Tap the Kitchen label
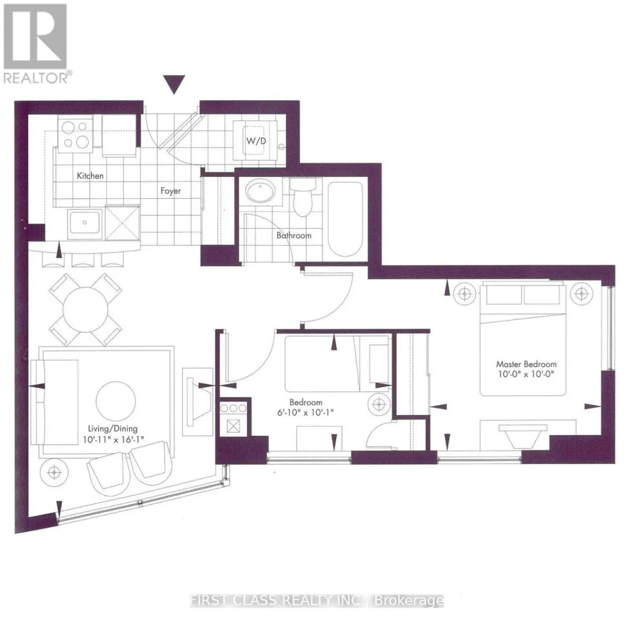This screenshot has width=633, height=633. point(90,176)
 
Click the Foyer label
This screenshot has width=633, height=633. point(171,191)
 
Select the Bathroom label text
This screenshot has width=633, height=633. point(294,235)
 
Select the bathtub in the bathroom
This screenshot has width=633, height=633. point(345,218)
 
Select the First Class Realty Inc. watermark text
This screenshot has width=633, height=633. point(316,601)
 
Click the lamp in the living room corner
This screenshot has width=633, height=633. point(54,472)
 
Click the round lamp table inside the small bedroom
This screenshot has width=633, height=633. point(378,405)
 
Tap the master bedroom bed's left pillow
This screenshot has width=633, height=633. point(503,295)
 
